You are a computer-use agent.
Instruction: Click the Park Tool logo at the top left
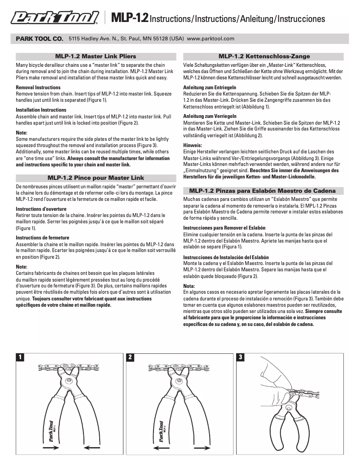tap(55, 18)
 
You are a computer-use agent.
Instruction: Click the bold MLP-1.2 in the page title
tap(129, 18)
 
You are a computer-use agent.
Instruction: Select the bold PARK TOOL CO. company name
tap(40, 39)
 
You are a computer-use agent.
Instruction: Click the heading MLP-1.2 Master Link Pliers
tap(95, 56)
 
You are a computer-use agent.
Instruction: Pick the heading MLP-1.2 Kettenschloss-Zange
tap(264, 56)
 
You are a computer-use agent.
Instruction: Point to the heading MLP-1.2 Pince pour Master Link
tap(95, 178)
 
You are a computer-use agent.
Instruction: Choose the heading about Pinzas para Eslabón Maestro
tap(264, 191)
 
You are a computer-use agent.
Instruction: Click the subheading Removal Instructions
tap(38, 87)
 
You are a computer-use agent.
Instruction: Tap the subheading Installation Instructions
tap(41, 110)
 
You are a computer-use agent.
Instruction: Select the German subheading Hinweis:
tap(193, 145)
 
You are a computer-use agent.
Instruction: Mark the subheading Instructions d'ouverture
tap(41, 209)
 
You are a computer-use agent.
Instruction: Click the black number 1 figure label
tap(19, 357)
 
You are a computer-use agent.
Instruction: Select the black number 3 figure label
tap(241, 357)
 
